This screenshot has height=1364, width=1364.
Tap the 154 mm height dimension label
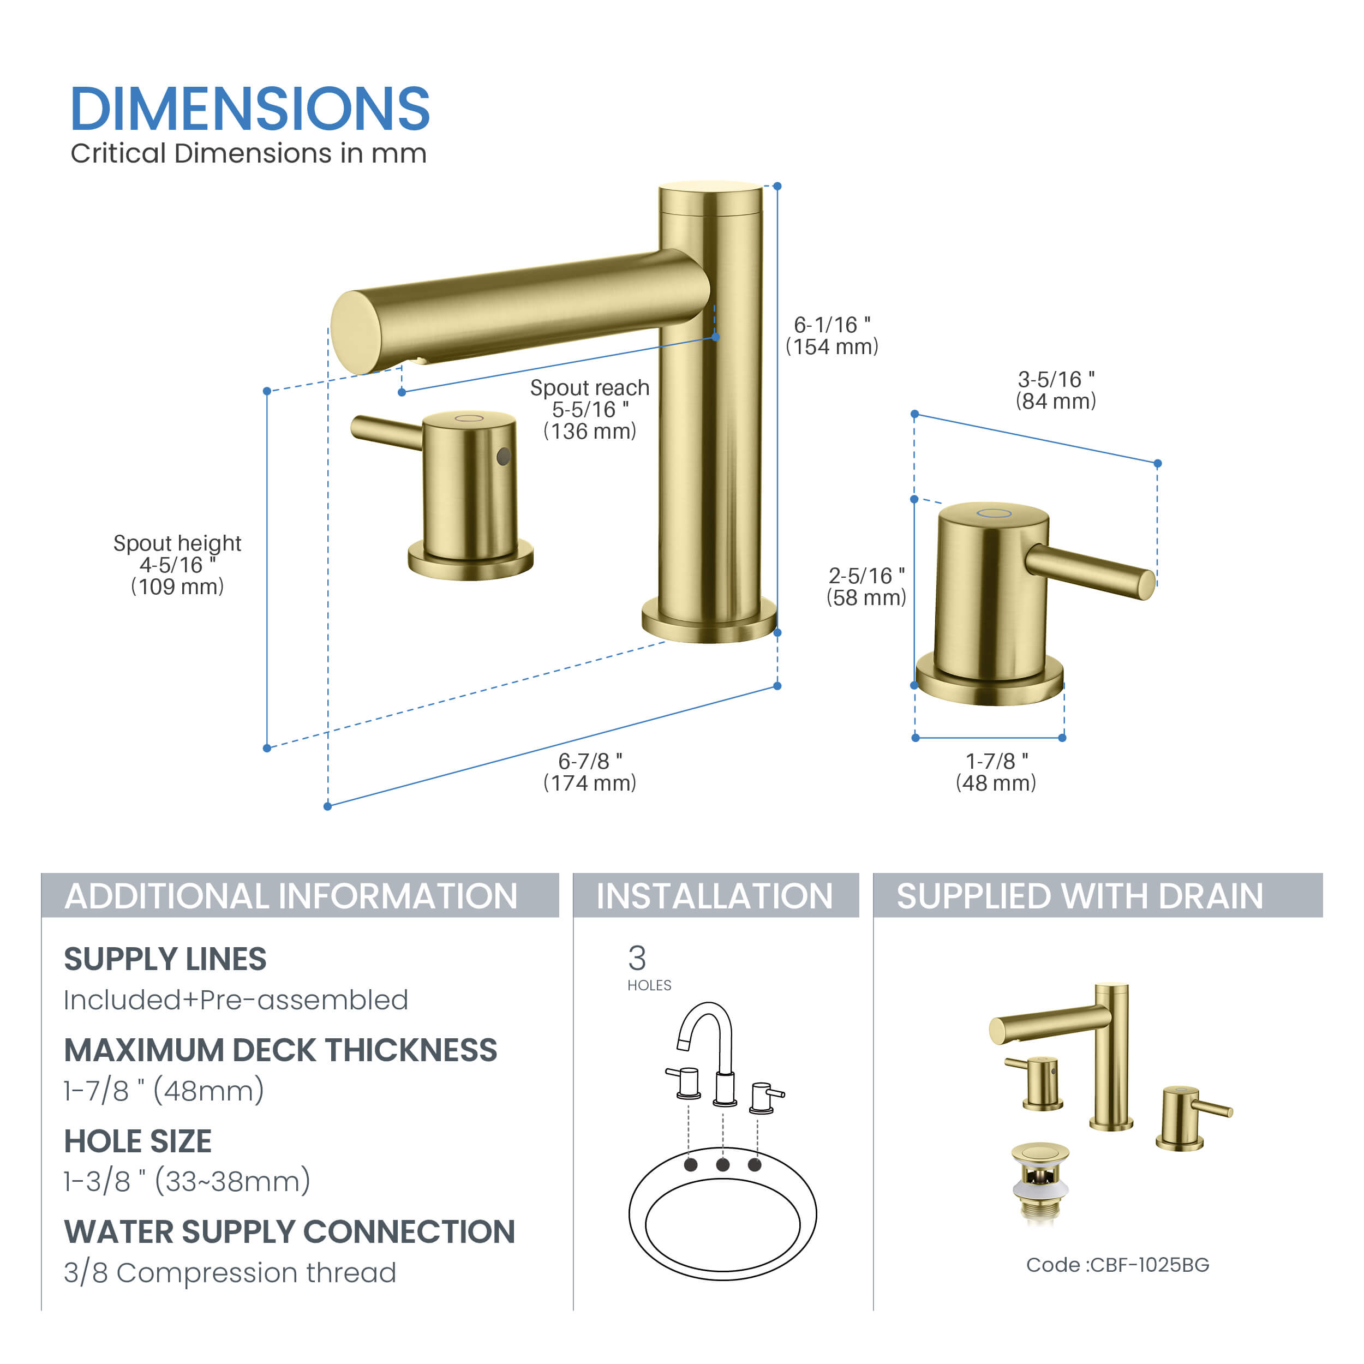833,346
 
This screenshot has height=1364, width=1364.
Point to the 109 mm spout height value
177,586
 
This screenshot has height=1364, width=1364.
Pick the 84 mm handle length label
1056,401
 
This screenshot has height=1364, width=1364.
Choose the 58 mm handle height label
866,597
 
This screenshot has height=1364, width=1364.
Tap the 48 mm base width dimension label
996,782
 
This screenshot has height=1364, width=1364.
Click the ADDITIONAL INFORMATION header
291,896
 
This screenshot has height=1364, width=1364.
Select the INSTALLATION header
715,896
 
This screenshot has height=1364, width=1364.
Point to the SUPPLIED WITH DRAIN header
1080,896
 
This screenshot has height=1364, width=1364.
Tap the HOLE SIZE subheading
137,1141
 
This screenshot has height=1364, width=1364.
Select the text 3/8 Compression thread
230,1272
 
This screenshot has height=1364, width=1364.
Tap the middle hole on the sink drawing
723,1164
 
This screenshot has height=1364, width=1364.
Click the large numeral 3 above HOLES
637,958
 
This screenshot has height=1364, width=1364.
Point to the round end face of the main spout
356,332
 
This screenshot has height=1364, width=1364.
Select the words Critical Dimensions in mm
248,153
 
